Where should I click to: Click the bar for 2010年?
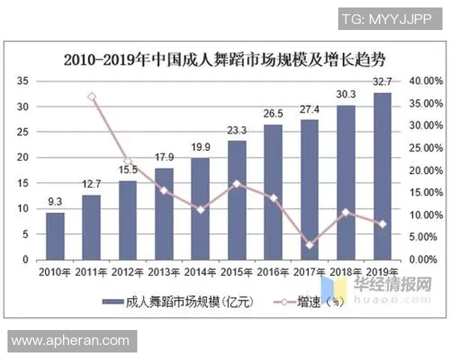coord(55,235)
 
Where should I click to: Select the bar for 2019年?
coord(382,176)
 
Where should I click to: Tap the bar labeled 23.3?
coord(237,199)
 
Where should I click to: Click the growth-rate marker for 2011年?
coord(91,97)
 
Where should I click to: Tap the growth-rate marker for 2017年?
coord(310,244)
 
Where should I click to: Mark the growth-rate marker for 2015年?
coord(237,184)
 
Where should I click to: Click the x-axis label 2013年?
coord(164,271)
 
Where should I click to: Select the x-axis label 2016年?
coord(273,271)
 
